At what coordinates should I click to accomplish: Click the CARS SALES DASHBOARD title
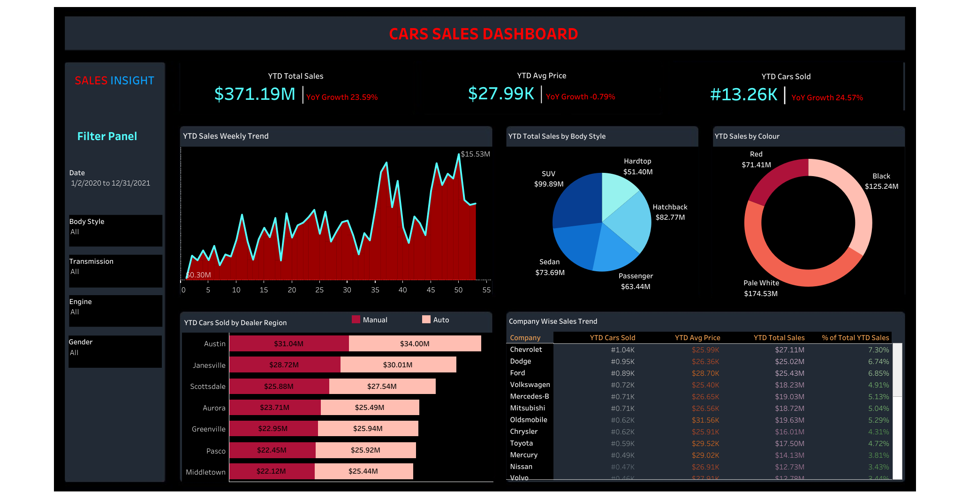point(483,34)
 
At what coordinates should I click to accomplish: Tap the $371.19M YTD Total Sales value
point(255,94)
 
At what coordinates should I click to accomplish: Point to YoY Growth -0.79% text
point(580,97)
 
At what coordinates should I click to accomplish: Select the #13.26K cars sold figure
point(743,95)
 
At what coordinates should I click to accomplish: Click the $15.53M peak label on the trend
point(475,154)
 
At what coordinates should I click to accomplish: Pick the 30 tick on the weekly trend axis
point(347,290)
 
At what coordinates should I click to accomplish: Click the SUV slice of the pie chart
point(577,201)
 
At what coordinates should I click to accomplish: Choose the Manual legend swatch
point(356,320)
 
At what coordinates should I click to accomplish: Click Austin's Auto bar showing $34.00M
point(415,343)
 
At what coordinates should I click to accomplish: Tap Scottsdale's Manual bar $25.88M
point(279,387)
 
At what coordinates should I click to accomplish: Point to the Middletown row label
point(205,472)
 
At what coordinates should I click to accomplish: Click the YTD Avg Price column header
point(697,338)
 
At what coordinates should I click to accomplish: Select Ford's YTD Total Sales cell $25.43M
point(789,373)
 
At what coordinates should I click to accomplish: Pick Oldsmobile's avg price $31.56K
point(705,420)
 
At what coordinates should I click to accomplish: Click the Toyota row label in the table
point(521,443)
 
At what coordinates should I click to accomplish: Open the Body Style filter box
point(115,230)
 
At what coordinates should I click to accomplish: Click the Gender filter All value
point(74,353)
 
